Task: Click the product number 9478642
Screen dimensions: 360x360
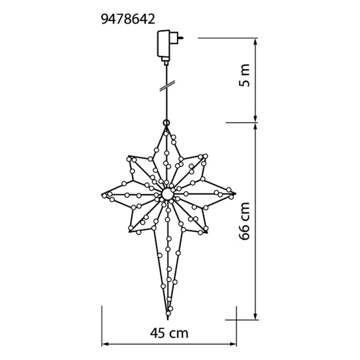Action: (128, 19)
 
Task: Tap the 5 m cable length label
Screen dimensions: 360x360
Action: (244, 75)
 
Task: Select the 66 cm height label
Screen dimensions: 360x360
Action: (244, 221)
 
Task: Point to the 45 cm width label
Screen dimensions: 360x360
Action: (169, 333)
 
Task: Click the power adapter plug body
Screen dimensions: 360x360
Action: (163, 45)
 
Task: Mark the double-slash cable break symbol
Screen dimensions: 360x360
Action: (167, 86)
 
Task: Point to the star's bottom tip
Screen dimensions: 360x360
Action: (168, 319)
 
